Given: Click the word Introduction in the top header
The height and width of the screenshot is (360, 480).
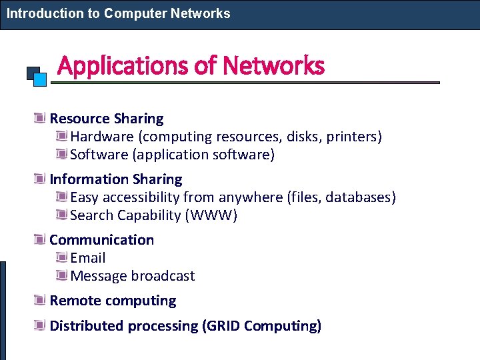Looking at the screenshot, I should (45, 13).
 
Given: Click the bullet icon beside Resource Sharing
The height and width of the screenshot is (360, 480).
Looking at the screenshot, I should (40, 119).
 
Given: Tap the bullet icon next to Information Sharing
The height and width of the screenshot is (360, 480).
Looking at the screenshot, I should (40, 179).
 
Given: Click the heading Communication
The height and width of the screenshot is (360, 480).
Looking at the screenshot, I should (101, 240).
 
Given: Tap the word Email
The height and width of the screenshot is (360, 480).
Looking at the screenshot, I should (88, 258).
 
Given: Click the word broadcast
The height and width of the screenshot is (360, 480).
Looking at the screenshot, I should (163, 276).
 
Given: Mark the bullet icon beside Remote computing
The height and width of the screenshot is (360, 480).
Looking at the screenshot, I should (40, 301).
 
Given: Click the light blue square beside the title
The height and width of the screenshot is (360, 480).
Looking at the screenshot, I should (40, 79).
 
